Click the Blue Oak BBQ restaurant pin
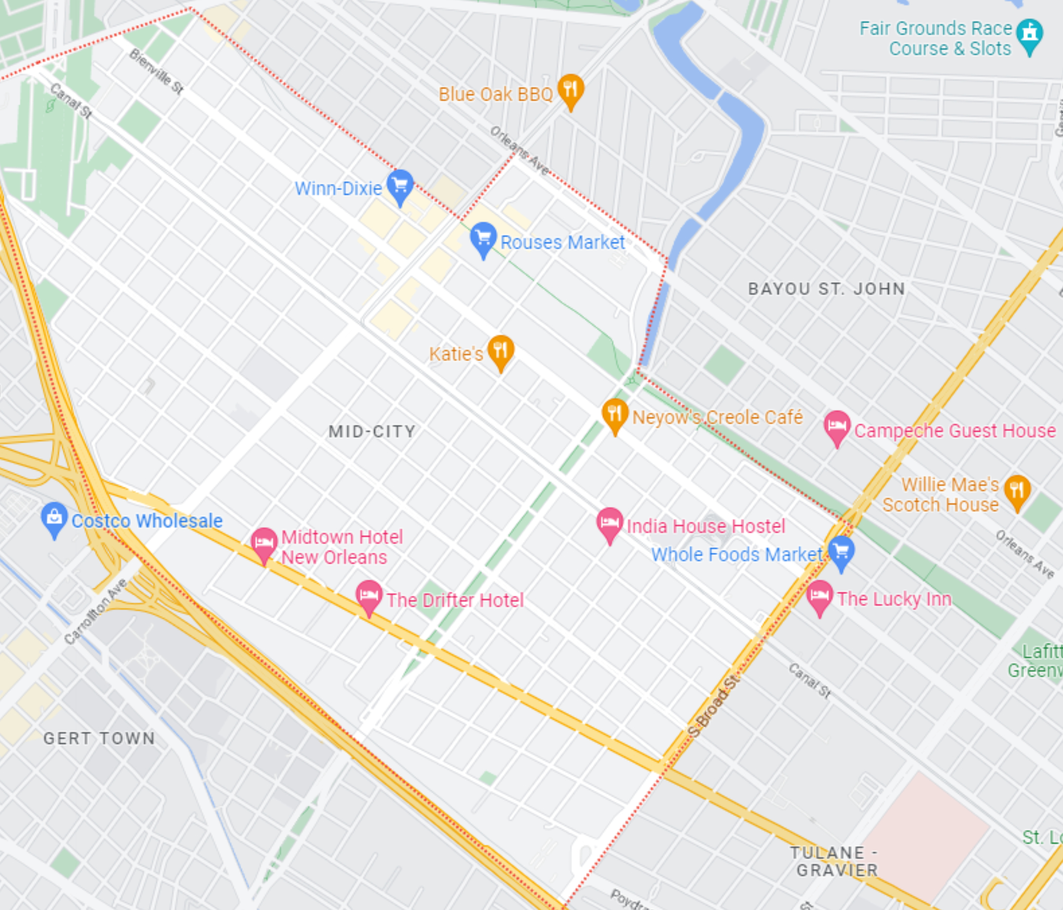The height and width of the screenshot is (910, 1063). click(x=570, y=89)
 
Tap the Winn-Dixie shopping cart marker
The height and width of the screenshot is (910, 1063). click(x=400, y=185)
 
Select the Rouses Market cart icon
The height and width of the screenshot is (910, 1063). click(x=483, y=238)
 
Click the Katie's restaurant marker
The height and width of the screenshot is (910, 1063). click(x=501, y=351)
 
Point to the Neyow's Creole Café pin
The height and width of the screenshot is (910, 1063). click(x=615, y=414)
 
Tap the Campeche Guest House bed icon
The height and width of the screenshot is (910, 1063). click(x=837, y=426)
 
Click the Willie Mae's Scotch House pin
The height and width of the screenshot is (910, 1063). click(x=1017, y=490)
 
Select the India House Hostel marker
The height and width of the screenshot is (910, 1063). click(x=610, y=523)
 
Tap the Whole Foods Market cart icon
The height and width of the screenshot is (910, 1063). click(x=841, y=551)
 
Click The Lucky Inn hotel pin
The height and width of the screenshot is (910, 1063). click(x=820, y=596)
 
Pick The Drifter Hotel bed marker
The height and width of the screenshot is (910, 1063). click(x=369, y=596)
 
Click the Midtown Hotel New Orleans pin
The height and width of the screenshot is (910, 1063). click(x=264, y=543)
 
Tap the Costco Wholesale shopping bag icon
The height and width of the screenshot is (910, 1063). click(x=54, y=518)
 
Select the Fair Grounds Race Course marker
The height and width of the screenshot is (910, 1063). click(x=1030, y=34)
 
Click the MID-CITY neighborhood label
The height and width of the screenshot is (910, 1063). click(x=372, y=432)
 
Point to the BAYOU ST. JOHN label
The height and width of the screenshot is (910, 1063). click(x=826, y=289)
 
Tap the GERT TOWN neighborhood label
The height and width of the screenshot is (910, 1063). click(x=99, y=738)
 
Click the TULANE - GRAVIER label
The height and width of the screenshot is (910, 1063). click(x=834, y=861)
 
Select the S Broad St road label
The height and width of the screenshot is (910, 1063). click(x=714, y=706)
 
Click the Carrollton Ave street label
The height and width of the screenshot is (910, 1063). click(x=96, y=611)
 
